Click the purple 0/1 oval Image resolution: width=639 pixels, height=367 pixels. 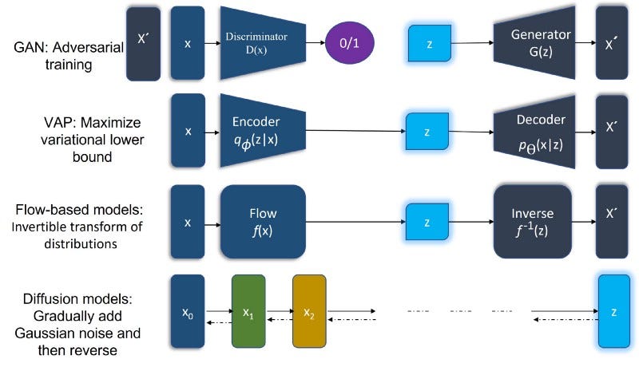coord(351,42)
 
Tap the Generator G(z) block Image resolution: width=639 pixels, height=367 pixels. coord(534,41)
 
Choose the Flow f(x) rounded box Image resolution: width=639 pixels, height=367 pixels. coord(263,221)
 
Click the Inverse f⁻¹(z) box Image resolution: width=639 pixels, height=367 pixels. coord(532,221)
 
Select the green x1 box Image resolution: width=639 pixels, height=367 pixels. coord(248,311)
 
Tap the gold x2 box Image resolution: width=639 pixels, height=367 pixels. coord(309,311)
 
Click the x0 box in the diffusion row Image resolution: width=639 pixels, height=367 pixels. coord(188,311)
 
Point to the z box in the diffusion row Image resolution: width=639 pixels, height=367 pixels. coord(613,311)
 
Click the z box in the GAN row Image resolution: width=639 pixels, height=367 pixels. coord(430,43)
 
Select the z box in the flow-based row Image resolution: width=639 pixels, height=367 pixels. coord(430,221)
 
